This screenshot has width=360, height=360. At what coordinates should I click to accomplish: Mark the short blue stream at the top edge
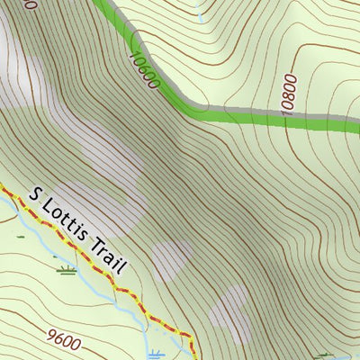click(201, 15)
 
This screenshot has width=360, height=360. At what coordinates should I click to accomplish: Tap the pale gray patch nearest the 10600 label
click(108, 144)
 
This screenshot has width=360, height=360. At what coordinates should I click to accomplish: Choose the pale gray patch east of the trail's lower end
click(229, 315)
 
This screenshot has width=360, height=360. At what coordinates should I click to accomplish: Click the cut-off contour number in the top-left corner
click(30, 4)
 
